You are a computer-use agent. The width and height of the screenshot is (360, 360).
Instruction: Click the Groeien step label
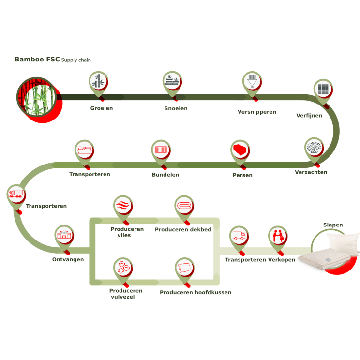click(x=102, y=108)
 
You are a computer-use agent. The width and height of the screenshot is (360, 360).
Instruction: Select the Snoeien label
click(x=176, y=108)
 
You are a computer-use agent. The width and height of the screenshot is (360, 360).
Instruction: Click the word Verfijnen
click(x=309, y=115)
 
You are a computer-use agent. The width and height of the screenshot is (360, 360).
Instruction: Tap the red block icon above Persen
click(x=240, y=149)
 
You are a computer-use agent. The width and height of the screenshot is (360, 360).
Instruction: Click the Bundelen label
click(x=165, y=175)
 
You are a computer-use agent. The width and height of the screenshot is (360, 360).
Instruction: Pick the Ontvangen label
click(x=68, y=259)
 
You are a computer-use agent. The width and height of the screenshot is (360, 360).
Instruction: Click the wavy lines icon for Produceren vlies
click(x=122, y=205)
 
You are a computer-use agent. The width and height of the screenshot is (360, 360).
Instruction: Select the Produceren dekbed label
click(x=183, y=229)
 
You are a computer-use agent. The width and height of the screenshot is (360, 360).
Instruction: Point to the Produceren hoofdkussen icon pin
click(x=184, y=267)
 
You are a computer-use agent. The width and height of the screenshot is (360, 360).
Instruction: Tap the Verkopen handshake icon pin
click(x=278, y=236)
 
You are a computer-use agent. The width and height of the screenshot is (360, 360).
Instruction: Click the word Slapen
click(x=333, y=225)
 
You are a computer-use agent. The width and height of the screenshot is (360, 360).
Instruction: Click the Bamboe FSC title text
click(x=37, y=60)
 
